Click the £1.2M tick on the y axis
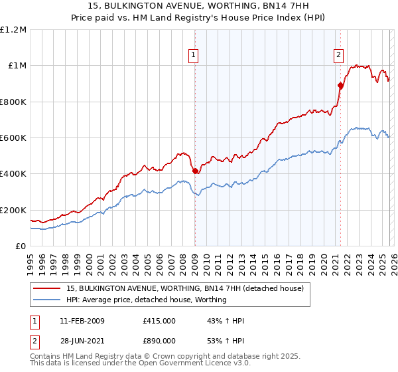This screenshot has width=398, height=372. [x=14, y=30]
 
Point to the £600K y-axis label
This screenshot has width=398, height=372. [x=14, y=138]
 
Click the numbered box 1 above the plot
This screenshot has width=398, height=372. [x=193, y=55]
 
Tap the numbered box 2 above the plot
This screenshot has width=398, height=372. [x=338, y=55]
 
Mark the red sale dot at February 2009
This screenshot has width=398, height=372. [x=195, y=171]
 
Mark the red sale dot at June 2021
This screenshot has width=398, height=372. [x=340, y=85]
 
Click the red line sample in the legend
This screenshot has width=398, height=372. [x=47, y=288]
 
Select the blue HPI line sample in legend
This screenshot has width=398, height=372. [x=47, y=300]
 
